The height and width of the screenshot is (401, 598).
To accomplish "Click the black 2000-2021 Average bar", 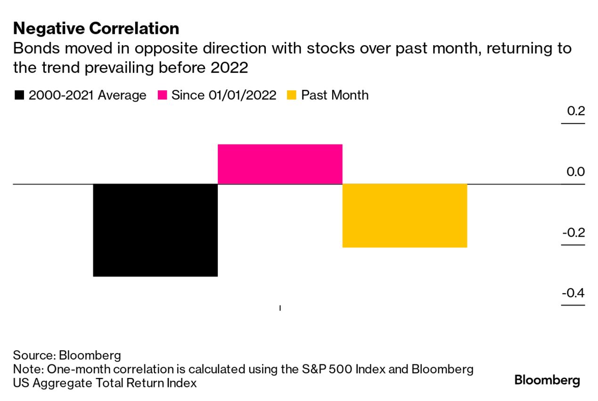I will click(x=155, y=230).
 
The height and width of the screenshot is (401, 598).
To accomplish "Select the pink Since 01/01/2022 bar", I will click(x=279, y=164).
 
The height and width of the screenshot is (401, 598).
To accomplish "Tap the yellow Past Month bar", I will click(x=404, y=215).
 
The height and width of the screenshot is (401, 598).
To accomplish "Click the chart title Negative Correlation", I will click(x=96, y=29).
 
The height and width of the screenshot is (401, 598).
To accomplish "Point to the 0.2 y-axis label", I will click(x=575, y=111).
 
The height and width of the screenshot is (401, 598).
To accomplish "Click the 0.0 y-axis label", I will click(x=575, y=171).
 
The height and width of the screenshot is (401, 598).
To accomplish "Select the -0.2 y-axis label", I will click(x=573, y=233).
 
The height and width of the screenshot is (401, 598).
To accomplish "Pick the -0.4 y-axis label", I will click(x=573, y=293).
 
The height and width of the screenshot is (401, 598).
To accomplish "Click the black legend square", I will click(x=19, y=96).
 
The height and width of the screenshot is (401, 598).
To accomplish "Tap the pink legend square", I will click(x=163, y=96).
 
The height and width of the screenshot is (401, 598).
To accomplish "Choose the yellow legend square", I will click(x=292, y=96).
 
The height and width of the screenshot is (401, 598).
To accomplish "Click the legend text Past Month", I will click(x=335, y=95).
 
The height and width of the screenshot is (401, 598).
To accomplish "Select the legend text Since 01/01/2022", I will click(x=224, y=95).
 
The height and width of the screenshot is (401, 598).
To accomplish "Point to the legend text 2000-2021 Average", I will click(x=88, y=95).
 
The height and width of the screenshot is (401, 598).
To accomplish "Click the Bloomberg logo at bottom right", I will click(x=547, y=380).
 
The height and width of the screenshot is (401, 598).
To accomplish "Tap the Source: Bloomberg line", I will click(x=67, y=355).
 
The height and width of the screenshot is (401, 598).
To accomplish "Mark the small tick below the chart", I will click(x=280, y=308).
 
